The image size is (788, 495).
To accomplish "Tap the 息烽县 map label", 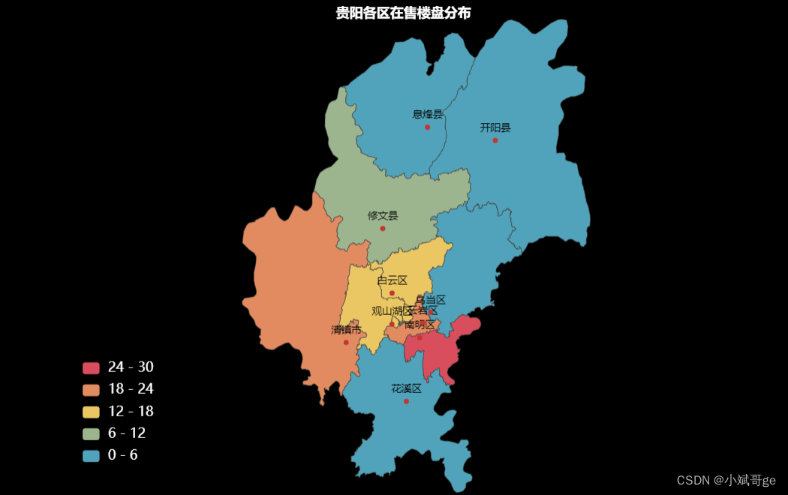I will pyautogui.click(x=428, y=114).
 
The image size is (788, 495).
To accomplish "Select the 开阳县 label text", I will pyautogui.click(x=495, y=127).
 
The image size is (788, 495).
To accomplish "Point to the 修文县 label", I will pyautogui.click(x=383, y=215).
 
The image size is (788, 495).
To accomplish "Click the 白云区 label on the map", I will pyautogui.click(x=392, y=280).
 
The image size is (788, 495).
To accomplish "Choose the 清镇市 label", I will pyautogui.click(x=346, y=330).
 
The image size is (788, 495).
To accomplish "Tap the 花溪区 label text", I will pyautogui.click(x=406, y=388).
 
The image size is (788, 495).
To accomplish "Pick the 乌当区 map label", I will pyautogui.click(x=431, y=300).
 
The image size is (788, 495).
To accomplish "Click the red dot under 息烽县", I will pyautogui.click(x=428, y=127).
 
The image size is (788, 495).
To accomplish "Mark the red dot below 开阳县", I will pyautogui.click(x=495, y=140).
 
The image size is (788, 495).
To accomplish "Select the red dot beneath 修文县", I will pyautogui.click(x=383, y=228).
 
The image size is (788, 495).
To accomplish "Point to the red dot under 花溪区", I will pyautogui.click(x=406, y=401).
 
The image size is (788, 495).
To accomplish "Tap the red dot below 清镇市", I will pyautogui.click(x=346, y=343).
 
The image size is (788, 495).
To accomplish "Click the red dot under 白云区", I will pyautogui.click(x=392, y=293).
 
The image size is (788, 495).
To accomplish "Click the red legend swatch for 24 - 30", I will pyautogui.click(x=91, y=367).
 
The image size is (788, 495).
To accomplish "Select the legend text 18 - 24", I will pyautogui.click(x=131, y=389).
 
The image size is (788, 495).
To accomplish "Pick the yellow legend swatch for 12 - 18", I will pyautogui.click(x=91, y=412).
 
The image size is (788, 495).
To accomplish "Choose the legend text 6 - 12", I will pyautogui.click(x=127, y=433).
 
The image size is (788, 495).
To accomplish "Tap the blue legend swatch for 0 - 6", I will pyautogui.click(x=91, y=455).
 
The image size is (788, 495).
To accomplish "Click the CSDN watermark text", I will pyautogui.click(x=726, y=480).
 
